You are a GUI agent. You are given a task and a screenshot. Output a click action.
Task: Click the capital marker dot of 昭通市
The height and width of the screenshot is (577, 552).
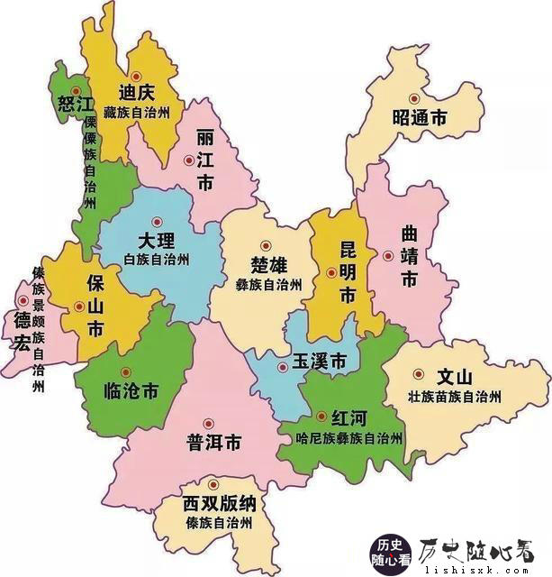point(414,99)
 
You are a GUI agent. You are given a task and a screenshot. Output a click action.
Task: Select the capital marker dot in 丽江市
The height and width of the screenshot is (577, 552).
point(188,160)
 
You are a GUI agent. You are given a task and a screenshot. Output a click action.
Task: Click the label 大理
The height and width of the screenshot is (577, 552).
point(158,241)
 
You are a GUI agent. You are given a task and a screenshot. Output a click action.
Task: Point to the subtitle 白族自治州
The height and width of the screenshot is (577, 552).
point(158,260)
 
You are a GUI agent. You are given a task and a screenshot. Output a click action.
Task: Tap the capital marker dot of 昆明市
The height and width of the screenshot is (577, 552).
point(331,272)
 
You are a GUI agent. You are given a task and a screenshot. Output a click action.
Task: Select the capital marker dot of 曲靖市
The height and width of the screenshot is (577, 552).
point(388,255)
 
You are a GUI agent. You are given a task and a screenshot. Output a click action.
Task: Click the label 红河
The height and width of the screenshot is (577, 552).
point(349,418)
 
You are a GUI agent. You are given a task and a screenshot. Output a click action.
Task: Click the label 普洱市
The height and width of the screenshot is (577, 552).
point(213,443)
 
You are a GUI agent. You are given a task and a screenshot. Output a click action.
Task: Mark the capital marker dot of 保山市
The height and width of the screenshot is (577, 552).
point(79,307)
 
